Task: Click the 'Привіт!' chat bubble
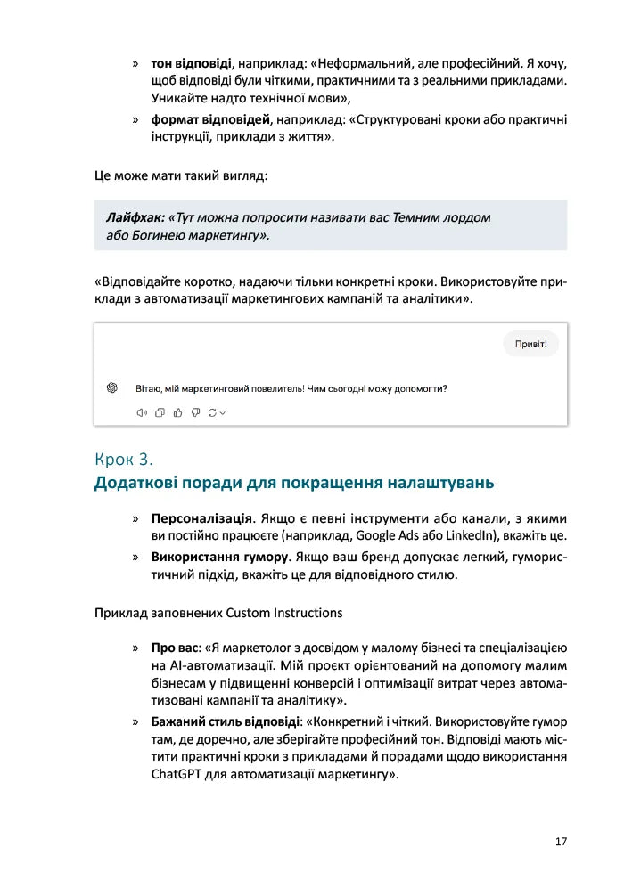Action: coord(530,344)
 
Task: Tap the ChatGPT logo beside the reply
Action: coord(112,387)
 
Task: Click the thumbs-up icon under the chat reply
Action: coord(177,412)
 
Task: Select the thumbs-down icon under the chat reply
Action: coord(195,412)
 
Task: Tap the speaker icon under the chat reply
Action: coord(141,412)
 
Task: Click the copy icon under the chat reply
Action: coord(160,412)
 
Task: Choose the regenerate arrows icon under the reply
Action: coord(213,412)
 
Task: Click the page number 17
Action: coord(560,841)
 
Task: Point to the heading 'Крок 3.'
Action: coord(124,460)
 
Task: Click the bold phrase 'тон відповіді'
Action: coord(192,64)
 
